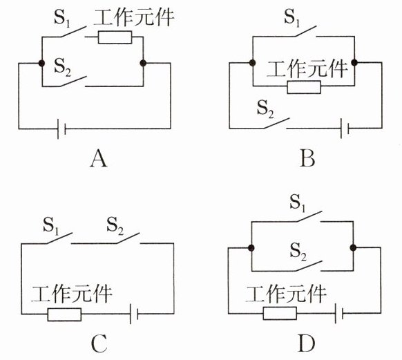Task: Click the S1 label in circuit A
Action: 61,18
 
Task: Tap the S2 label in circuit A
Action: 62,67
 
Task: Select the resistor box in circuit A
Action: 115,37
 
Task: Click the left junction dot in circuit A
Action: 41,63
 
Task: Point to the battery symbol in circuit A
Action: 61,129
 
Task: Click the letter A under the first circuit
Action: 99,159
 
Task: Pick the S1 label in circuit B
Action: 292,18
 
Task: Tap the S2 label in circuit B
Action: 266,109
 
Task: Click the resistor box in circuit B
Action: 304,87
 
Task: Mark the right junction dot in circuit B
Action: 354,62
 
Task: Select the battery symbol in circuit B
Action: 345,129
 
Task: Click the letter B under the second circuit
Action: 307,159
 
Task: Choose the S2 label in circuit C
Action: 115,226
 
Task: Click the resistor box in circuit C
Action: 64,314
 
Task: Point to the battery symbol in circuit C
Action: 134,314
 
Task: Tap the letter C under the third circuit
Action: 99,343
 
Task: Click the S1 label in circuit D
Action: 298,203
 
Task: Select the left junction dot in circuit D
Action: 251,248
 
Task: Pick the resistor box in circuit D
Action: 280,313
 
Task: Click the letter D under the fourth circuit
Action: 307,343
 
